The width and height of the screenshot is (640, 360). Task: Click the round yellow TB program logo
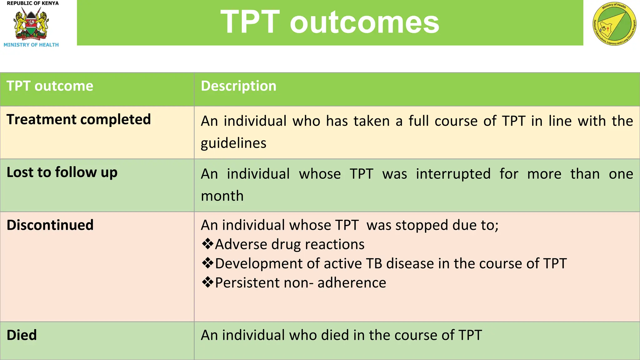614,24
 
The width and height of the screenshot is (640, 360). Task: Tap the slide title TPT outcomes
330,22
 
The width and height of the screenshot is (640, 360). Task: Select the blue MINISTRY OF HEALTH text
31,45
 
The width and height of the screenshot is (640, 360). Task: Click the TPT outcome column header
50,86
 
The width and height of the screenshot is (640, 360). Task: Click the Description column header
238,86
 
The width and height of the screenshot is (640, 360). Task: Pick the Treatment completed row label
78,120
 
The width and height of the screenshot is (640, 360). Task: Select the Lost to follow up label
62,172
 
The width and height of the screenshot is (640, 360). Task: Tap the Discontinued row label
50,225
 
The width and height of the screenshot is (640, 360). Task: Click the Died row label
22,335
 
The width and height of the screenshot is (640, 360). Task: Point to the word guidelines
233,143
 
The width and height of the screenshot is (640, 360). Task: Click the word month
222,196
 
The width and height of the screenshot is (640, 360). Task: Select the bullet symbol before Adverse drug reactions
207,244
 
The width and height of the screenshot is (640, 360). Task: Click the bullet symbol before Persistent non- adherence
207,282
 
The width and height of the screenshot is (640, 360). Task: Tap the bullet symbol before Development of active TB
207,263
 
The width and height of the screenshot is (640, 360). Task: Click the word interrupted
453,174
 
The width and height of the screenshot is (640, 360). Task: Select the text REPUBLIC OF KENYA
32,3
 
